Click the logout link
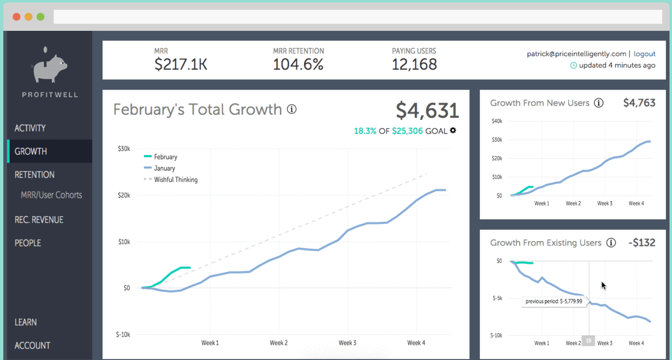point(644,54)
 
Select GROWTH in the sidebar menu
point(31,151)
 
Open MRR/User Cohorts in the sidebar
point(51,195)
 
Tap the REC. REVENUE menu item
point(39,220)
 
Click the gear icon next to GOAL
point(453,130)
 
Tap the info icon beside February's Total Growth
point(292,109)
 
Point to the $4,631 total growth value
point(427,110)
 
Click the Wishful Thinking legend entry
point(175,180)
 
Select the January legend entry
point(164,168)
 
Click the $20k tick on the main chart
point(124,195)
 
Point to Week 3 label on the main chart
point(347,343)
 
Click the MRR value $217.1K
point(181,65)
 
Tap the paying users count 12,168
point(414,65)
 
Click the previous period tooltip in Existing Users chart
point(554,301)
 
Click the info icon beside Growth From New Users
point(599,103)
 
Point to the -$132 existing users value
point(642,242)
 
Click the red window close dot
point(17,17)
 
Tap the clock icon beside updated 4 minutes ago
point(573,65)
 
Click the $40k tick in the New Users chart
point(497,121)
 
